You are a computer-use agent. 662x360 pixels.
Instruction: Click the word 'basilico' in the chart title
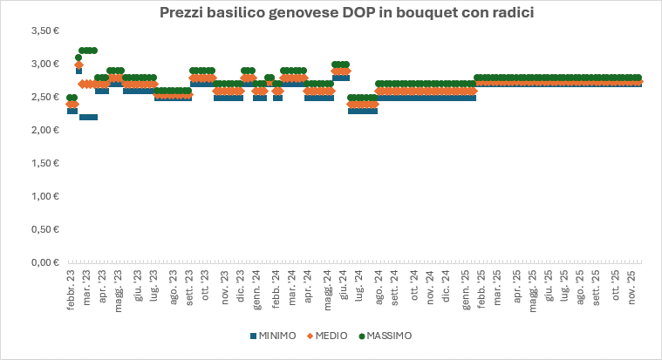(x=226, y=13)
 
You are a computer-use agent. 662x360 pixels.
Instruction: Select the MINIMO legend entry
(x=273, y=336)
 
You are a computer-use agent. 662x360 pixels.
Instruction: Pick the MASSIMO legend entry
(x=384, y=336)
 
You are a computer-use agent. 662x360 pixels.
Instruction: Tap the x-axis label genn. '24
(x=258, y=287)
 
